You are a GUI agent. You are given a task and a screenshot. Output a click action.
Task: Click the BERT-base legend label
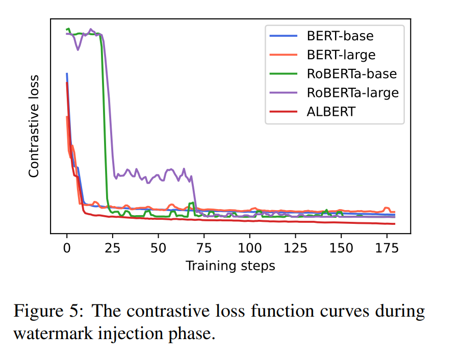click(340, 36)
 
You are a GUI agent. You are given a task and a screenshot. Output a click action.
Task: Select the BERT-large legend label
click(341, 55)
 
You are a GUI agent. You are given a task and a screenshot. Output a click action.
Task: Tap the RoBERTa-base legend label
click(351, 74)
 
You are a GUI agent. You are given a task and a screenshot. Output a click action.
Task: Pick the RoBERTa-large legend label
click(352, 93)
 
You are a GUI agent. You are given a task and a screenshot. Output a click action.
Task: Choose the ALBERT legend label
click(331, 112)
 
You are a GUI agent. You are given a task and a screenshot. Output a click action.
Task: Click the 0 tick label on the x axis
click(67, 248)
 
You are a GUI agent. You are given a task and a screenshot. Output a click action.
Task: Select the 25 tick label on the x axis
click(112, 248)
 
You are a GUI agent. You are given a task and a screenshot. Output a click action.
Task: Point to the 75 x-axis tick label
click(204, 248)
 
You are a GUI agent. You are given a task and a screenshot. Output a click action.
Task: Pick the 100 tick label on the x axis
click(249, 248)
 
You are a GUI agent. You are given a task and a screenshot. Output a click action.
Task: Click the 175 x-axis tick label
click(387, 248)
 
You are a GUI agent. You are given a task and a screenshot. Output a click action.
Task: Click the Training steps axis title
click(230, 266)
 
